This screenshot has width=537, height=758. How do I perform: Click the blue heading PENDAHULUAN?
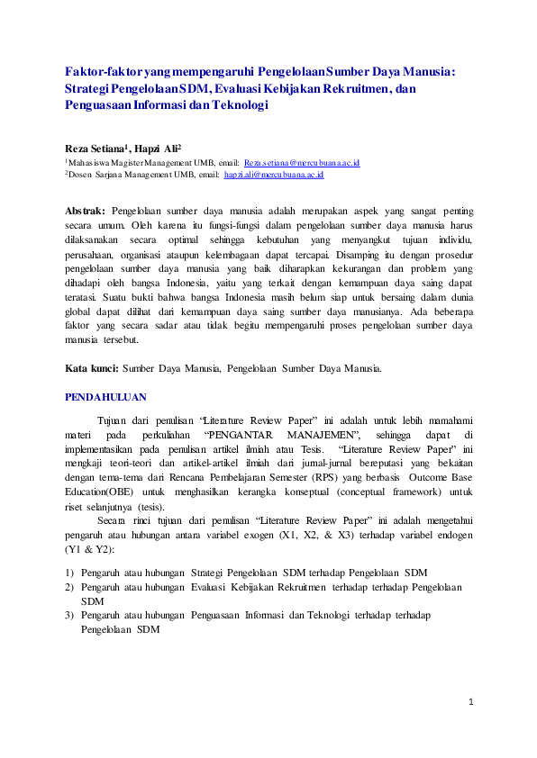(107, 396)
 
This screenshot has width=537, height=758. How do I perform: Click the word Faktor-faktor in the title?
(101, 71)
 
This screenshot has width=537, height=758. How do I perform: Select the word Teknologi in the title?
(241, 105)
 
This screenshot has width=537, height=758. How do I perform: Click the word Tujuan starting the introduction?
(112, 420)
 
